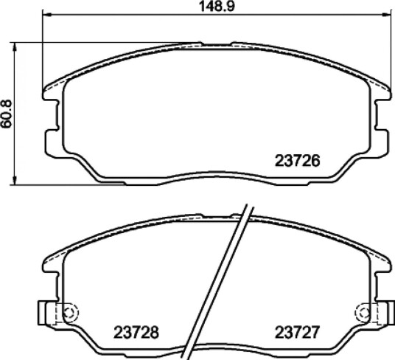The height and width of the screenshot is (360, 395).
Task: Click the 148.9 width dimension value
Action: coord(217,7)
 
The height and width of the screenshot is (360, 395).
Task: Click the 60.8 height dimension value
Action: coord(7,114)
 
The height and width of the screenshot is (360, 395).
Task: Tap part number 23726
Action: coord(297,161)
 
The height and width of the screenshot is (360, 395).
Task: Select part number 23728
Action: coord(136,332)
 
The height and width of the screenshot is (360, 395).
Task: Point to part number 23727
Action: coord(297,332)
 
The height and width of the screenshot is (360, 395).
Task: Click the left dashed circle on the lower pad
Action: coord(70,313)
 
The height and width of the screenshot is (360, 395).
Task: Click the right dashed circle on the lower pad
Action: coord(363,313)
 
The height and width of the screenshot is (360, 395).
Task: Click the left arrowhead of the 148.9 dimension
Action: coord(47,15)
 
